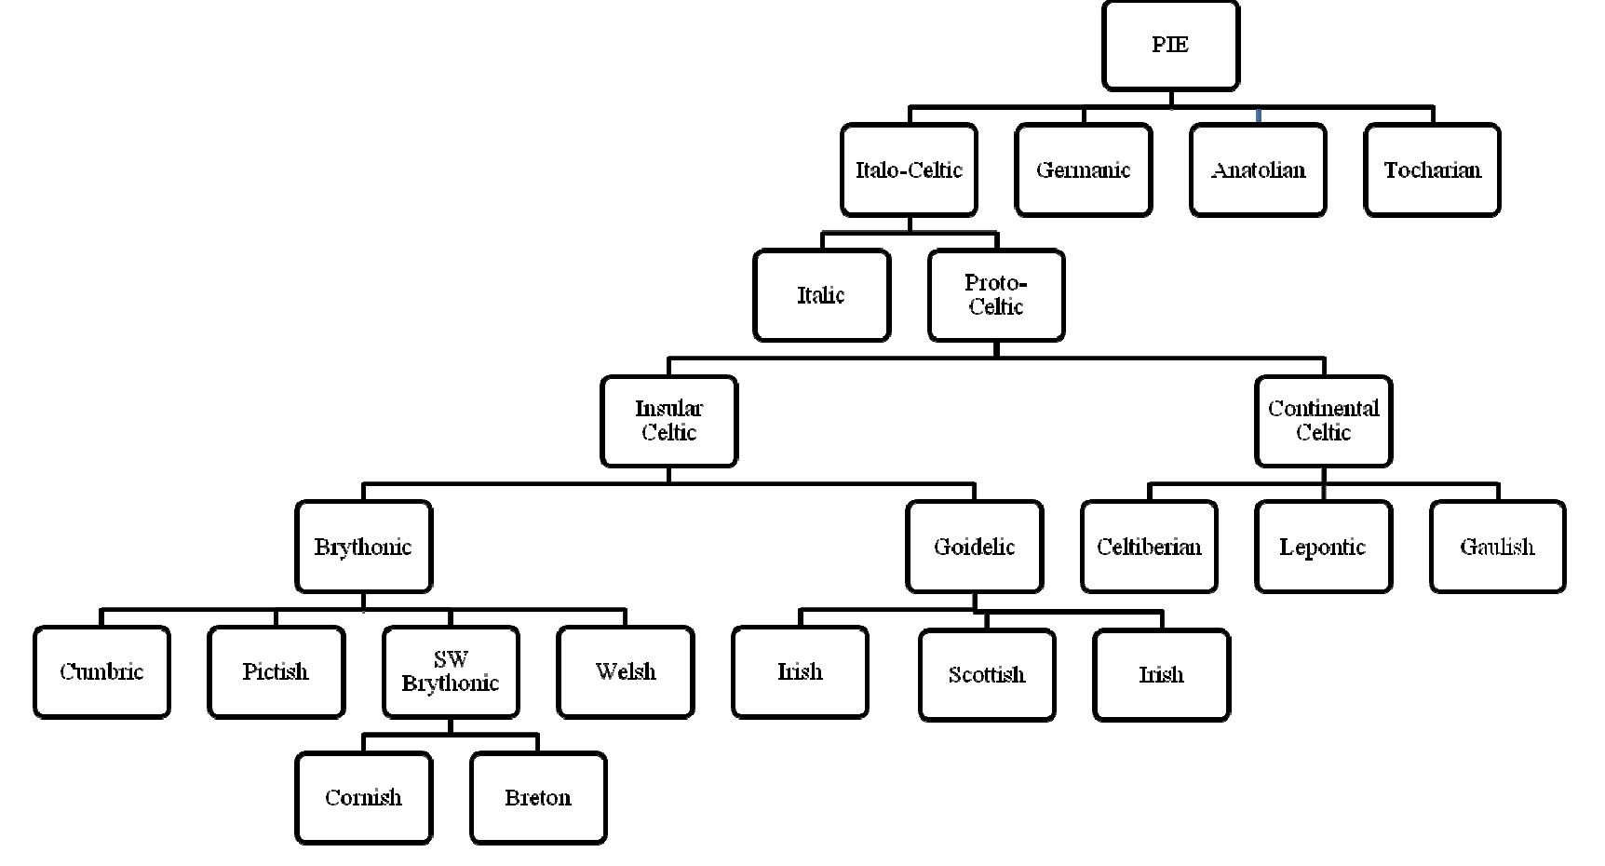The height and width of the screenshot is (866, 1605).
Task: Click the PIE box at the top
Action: pos(1170,46)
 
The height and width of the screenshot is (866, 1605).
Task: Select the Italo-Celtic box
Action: pos(909,170)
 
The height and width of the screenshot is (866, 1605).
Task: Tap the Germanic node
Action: pos(1083,170)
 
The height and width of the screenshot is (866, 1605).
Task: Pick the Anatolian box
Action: pos(1258,170)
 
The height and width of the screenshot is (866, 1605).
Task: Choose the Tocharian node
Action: pos(1432,170)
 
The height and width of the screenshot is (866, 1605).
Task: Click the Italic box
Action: pos(821,295)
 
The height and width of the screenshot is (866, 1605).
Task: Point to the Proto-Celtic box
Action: pos(996,295)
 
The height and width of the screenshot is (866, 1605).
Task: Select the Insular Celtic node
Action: pos(668,421)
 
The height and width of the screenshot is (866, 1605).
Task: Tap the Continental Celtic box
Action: pos(1323,421)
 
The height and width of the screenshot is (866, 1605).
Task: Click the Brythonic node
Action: pos(363,547)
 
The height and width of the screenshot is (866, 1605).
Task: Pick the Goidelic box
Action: pos(974,547)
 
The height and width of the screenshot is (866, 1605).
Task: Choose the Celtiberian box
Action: pos(1149,547)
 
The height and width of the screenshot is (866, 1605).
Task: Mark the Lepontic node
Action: pos(1323,547)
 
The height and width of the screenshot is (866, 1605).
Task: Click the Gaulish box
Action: pos(1497,547)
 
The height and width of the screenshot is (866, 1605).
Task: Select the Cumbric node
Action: pos(101,672)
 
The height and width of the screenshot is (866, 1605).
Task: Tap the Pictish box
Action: pos(276,672)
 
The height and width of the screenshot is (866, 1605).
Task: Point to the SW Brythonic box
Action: pos(451,672)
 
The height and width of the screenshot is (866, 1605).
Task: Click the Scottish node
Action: pos(987,675)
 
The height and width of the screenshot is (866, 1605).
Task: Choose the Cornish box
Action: pos(363,798)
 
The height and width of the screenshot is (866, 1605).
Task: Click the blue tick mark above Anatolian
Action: pos(1259,116)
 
